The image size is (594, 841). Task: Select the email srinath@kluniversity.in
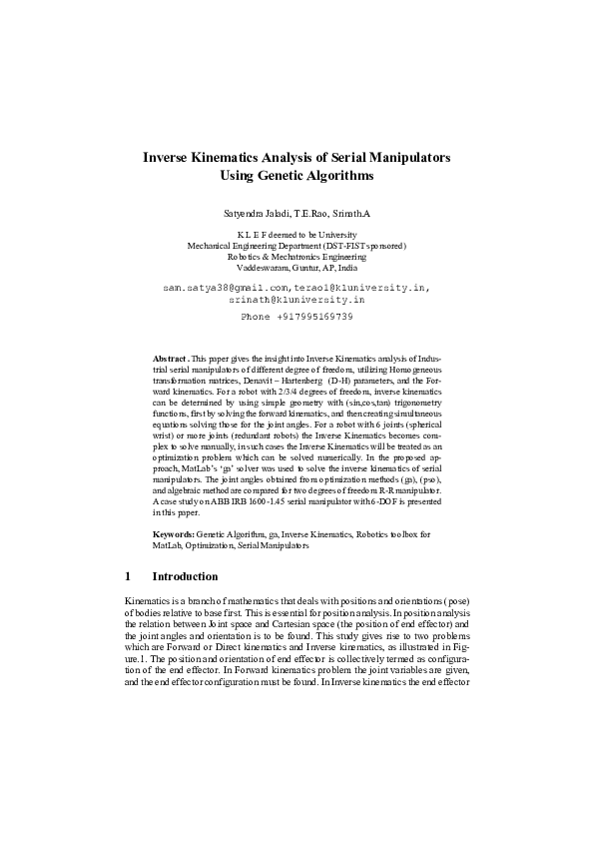pos(297,299)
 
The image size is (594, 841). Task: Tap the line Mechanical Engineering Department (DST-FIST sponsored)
pos(297,245)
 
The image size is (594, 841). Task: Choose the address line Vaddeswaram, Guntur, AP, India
pos(297,269)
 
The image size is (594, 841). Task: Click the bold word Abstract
pos(169,357)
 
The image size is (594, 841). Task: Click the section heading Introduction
pos(185,577)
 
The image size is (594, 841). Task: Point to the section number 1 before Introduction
pos(128,577)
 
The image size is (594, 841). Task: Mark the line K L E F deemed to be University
pos(297,233)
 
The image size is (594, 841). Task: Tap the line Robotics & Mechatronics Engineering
pos(297,257)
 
